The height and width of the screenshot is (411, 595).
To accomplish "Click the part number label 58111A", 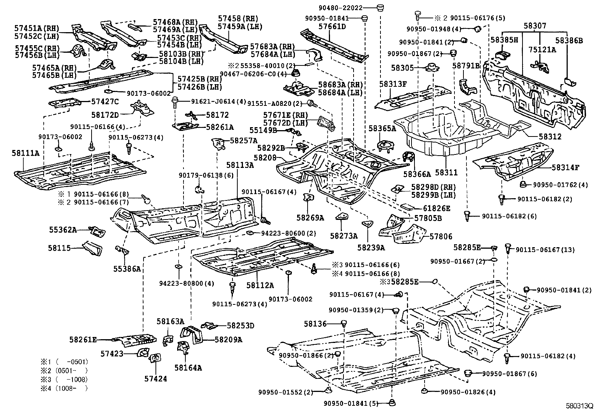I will tap(25, 153).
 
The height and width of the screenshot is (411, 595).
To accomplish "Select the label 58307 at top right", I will tap(534, 26).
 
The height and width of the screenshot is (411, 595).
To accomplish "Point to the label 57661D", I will tap(332, 27).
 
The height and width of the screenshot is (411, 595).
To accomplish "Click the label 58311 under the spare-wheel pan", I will tap(446, 172).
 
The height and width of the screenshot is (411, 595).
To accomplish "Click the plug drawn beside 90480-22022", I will tap(380, 7).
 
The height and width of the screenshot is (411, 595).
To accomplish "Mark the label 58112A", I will tap(260, 285).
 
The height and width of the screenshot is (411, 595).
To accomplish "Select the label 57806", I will tap(441, 236).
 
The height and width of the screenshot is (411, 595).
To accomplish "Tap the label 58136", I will tap(315, 324).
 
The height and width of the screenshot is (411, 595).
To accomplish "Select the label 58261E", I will tap(83, 340).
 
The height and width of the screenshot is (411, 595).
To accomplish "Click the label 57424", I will tap(155, 379).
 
